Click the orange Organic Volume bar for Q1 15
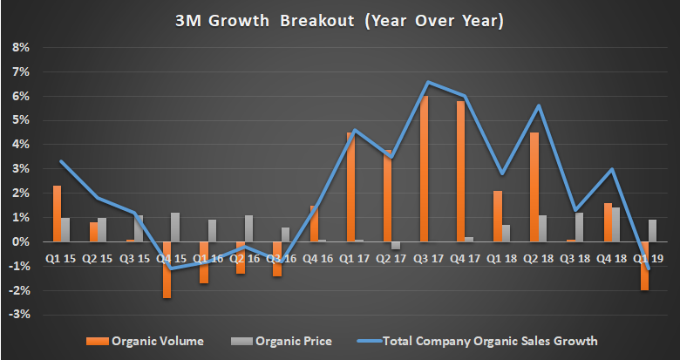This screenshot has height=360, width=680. (x=57, y=214)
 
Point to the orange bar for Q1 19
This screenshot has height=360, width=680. (x=643, y=265)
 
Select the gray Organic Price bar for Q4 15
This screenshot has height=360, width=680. (x=176, y=227)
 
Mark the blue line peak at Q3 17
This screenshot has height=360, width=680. (x=428, y=82)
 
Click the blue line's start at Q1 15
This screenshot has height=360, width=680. (x=60, y=161)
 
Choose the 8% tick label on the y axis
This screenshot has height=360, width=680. (x=20, y=47)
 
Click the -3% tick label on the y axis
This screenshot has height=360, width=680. (x=18, y=315)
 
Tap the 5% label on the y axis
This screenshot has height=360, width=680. (x=20, y=120)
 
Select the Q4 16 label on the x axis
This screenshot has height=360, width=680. (x=317, y=257)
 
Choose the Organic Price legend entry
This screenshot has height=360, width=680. (x=284, y=340)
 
